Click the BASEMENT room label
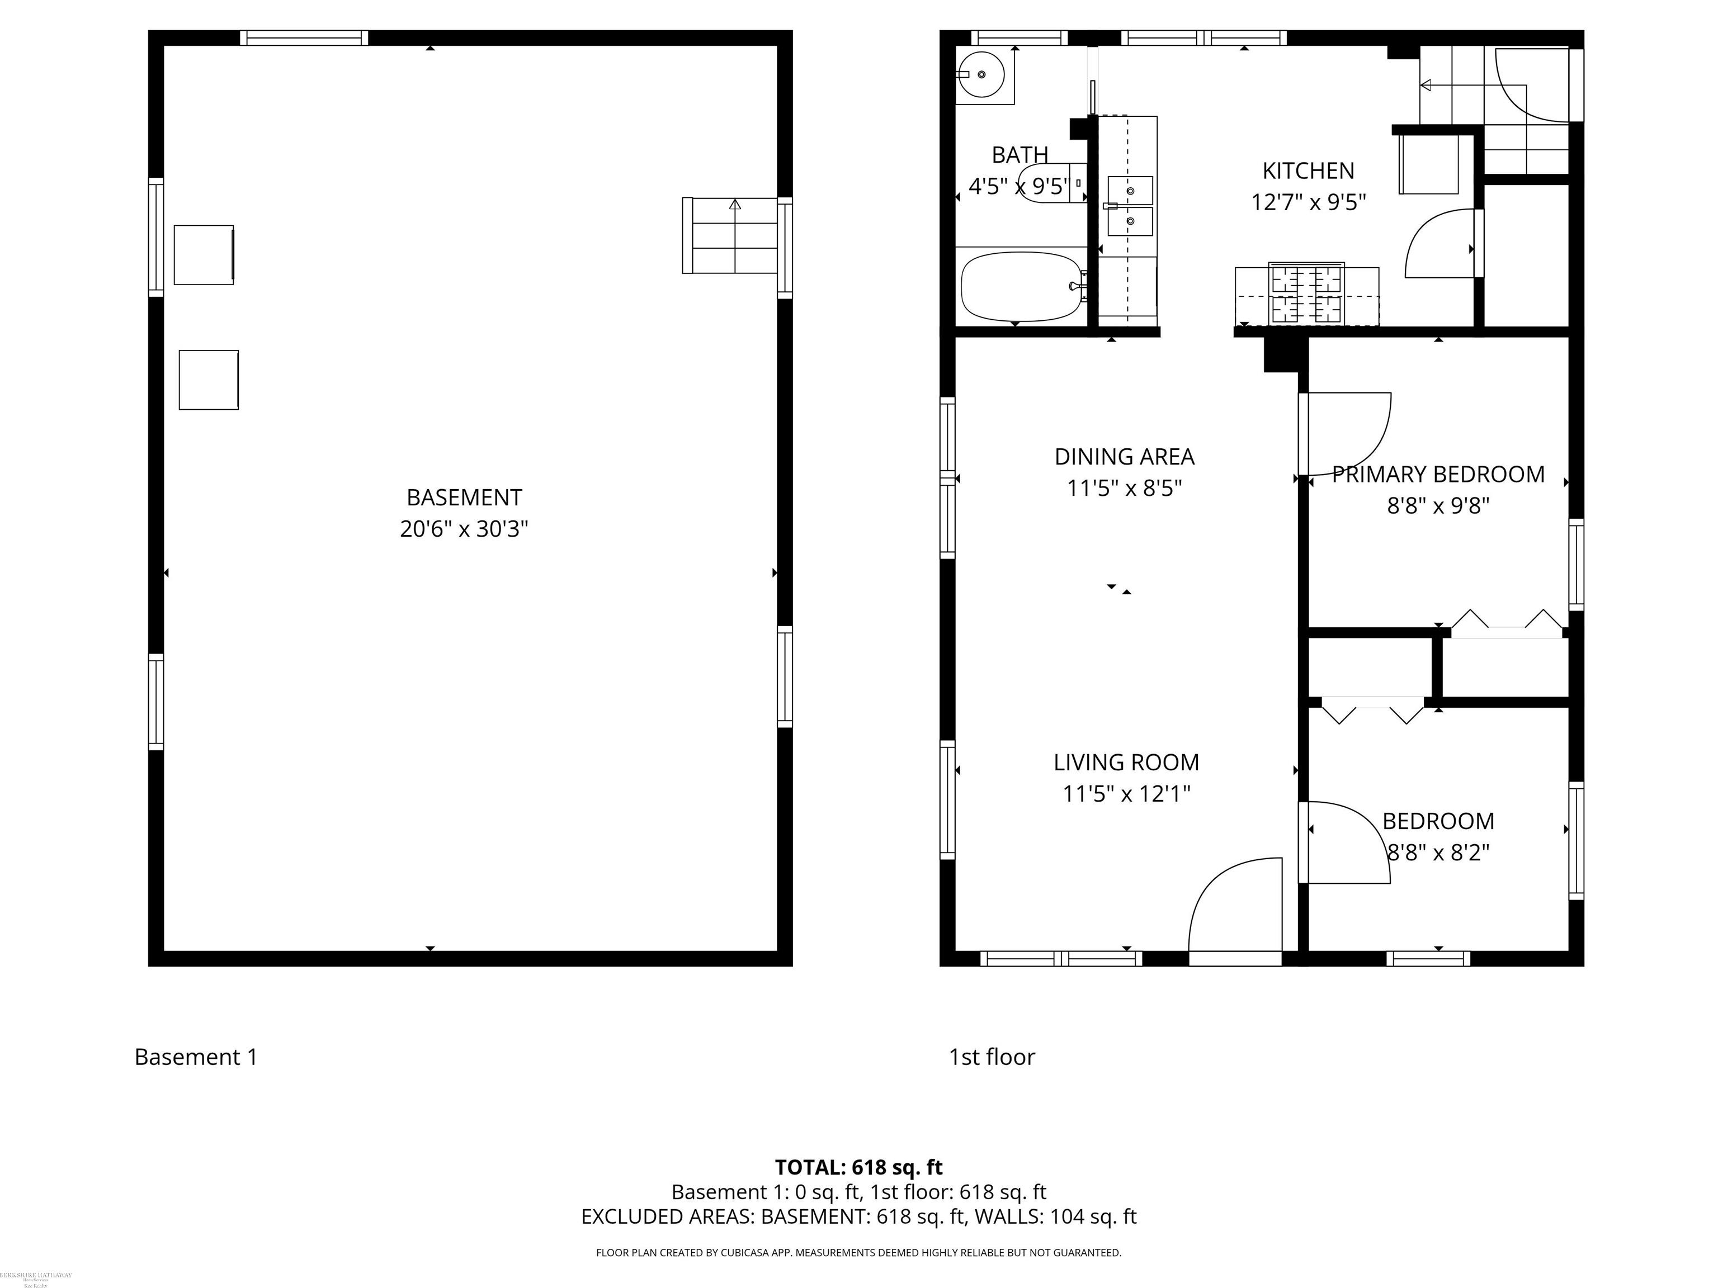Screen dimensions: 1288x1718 [464, 497]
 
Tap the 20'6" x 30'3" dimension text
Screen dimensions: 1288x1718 [464, 529]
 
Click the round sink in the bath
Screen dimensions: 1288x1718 [980, 74]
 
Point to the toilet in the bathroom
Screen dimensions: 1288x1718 [1049, 184]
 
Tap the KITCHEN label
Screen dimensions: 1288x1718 [1308, 171]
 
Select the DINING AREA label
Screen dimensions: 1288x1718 [1124, 457]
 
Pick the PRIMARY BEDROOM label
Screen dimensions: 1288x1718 [1438, 475]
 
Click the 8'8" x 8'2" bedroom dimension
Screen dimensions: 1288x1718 [1438, 853]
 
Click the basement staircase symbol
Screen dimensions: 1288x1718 [730, 235]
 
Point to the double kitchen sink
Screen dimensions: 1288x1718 [1129, 206]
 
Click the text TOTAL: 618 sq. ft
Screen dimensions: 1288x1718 [858, 1167]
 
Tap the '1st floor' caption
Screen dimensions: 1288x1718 [991, 1057]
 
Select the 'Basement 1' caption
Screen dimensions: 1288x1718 [196, 1057]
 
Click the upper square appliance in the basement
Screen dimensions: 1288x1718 [204, 255]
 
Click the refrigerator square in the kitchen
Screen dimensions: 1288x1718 [1428, 164]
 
